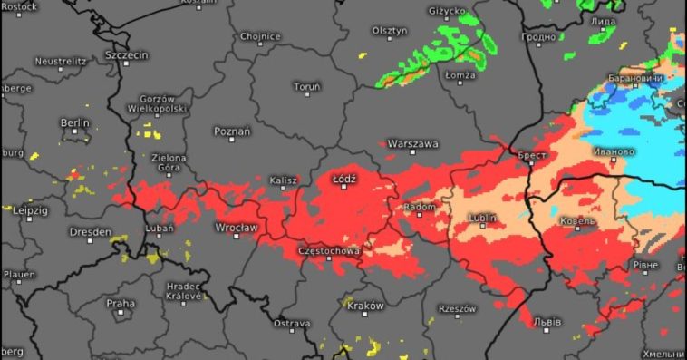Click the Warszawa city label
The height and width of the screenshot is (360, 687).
(412, 144)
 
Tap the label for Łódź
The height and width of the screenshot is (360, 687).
(344, 179)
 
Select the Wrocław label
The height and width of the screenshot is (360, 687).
(237, 227)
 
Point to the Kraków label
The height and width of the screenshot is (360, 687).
(365, 306)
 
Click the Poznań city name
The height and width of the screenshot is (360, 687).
(232, 131)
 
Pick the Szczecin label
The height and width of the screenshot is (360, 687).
(126, 54)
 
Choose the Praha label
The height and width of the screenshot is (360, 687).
(121, 303)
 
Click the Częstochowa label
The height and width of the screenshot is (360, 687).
(329, 250)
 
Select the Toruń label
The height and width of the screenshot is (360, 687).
(307, 87)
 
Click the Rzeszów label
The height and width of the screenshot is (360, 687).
(457, 309)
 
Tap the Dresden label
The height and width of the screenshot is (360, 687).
(91, 232)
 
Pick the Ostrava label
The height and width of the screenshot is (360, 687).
(292, 323)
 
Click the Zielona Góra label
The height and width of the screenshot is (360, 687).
(169, 162)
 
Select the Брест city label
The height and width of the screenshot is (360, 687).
(531, 155)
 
